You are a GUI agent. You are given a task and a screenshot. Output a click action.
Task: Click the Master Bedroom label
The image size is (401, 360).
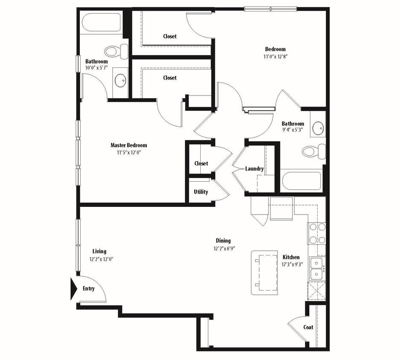click(x=129, y=145)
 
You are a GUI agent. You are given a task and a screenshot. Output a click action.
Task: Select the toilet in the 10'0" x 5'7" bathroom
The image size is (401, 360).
click(x=117, y=51)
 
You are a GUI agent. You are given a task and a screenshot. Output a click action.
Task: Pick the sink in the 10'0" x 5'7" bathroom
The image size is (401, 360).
click(x=120, y=80)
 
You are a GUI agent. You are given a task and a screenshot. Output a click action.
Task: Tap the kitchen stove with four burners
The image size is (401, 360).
click(x=317, y=233)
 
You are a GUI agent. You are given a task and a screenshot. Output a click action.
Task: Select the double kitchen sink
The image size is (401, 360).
click(x=316, y=268)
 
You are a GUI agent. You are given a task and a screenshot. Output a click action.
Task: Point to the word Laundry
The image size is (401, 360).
click(x=254, y=169)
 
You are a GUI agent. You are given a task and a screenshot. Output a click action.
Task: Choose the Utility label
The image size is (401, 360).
click(x=201, y=192)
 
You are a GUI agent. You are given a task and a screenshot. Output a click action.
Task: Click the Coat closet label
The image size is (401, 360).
click(x=308, y=328)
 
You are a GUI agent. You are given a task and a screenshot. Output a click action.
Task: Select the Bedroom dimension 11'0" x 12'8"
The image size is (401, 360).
click(x=275, y=56)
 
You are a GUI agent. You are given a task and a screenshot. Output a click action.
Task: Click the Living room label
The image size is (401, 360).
click(x=100, y=251)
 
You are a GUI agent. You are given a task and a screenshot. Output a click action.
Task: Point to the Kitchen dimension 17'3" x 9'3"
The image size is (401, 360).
click(x=292, y=264)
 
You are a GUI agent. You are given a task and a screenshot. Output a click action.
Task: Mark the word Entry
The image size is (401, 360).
click(x=88, y=289)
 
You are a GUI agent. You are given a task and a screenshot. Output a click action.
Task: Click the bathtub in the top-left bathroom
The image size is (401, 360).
click(x=101, y=22)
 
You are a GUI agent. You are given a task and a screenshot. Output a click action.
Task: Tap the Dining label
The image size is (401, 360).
click(x=223, y=241)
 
